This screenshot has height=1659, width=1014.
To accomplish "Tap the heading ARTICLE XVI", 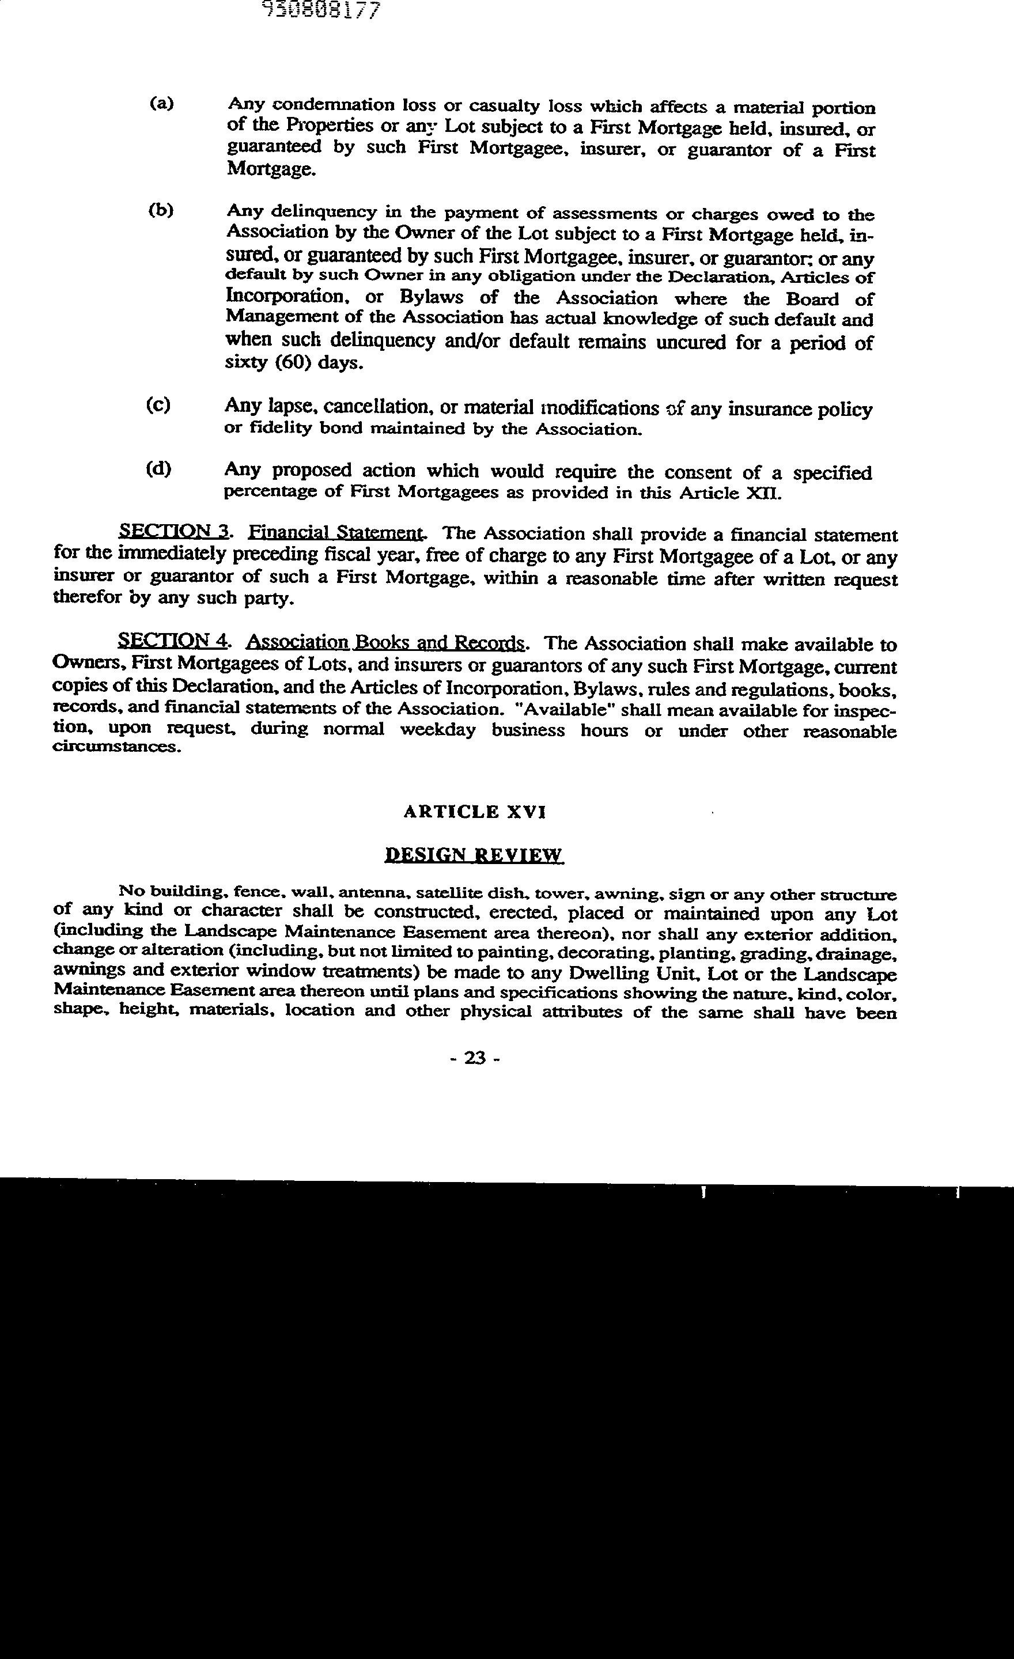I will click(x=475, y=812).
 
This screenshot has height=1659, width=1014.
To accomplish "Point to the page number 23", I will click(x=475, y=1058).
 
